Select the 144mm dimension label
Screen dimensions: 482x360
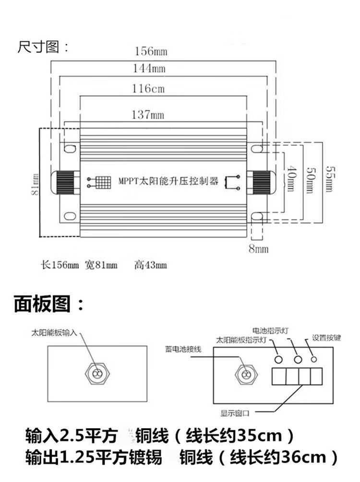click(x=149, y=68)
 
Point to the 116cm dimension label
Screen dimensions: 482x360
click(x=148, y=89)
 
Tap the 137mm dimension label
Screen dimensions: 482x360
click(x=147, y=115)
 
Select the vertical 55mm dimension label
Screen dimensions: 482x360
click(x=328, y=179)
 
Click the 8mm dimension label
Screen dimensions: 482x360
click(x=258, y=249)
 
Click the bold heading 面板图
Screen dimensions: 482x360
click(x=48, y=304)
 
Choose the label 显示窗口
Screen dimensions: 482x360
click(x=235, y=411)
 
